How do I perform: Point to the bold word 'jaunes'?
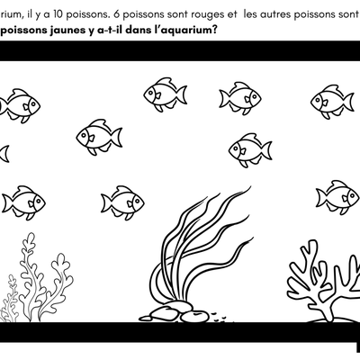[x=58, y=29]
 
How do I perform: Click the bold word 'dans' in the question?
[x=137, y=29]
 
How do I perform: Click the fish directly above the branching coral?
[x=336, y=196]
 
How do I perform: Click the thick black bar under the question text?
[x=180, y=52]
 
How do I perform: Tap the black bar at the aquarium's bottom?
[x=180, y=335]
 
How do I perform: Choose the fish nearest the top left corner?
[x=20, y=104]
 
